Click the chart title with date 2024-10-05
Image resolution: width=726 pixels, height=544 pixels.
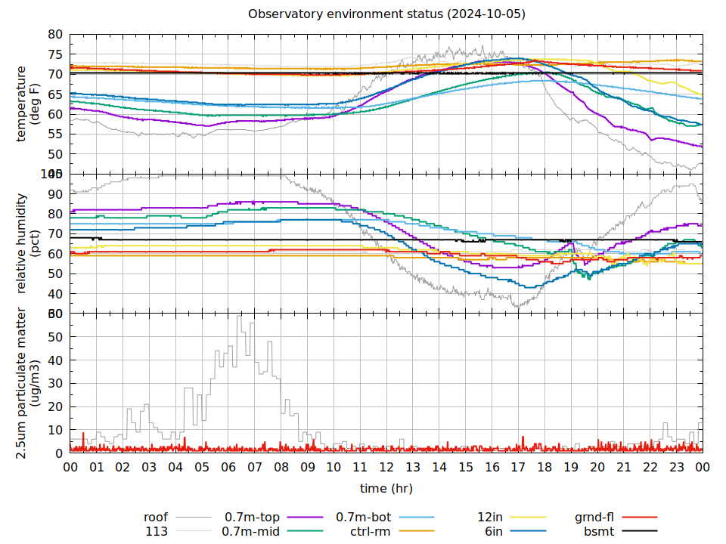click(x=386, y=14)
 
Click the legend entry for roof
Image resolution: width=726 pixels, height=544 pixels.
click(x=156, y=518)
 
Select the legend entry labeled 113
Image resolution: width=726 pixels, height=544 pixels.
click(x=157, y=531)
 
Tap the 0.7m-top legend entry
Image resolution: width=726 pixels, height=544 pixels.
click(x=252, y=518)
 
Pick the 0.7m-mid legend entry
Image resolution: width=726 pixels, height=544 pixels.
click(x=252, y=531)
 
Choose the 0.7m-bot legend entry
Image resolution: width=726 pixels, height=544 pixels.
click(x=363, y=518)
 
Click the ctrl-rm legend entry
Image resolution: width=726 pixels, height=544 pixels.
click(x=370, y=531)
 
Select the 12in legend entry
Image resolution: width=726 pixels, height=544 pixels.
click(x=490, y=518)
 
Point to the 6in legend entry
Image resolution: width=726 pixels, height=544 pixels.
click(x=494, y=531)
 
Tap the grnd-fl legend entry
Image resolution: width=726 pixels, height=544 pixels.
click(x=594, y=518)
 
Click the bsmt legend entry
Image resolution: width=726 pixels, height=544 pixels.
click(x=598, y=531)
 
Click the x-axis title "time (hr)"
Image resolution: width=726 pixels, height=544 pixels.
click(x=386, y=488)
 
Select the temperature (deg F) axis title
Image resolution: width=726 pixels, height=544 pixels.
click(x=27, y=104)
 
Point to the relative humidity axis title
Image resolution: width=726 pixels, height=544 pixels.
click(x=27, y=243)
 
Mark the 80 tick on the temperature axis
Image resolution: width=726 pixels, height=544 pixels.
click(x=55, y=35)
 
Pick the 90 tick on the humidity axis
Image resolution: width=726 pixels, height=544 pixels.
click(x=55, y=194)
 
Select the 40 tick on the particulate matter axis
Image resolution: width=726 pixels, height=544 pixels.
click(x=55, y=360)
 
